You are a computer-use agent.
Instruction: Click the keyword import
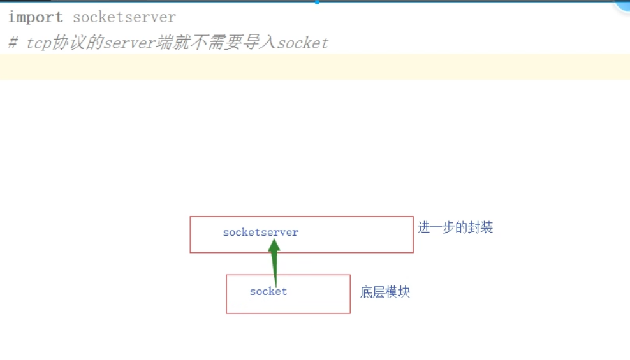coord(36,18)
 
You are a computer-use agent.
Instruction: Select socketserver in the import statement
coord(124,18)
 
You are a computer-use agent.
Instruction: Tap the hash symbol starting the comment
coord(13,43)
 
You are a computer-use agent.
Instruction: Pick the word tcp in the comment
coord(39,43)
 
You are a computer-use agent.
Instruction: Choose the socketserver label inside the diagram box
coord(260,233)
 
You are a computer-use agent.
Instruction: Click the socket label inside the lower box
coord(268,292)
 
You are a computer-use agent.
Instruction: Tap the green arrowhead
coord(274,248)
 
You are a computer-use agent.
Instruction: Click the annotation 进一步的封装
coord(455,227)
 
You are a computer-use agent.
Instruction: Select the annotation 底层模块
coord(385,292)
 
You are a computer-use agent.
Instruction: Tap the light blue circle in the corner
coord(623,5)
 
